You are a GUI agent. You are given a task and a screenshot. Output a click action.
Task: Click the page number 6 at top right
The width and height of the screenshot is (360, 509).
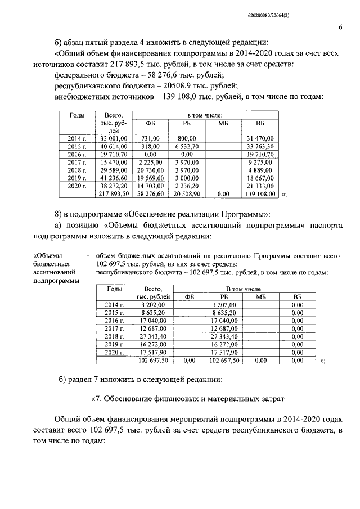[x=340, y=27]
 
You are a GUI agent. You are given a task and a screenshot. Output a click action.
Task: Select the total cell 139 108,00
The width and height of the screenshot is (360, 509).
[x=259, y=193]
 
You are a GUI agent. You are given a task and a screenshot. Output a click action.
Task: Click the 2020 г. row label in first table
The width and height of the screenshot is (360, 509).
[x=78, y=185]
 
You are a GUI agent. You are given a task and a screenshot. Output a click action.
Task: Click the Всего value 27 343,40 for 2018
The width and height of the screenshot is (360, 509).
[x=150, y=336]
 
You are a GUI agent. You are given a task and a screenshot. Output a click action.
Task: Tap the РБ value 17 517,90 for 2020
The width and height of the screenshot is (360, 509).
[x=224, y=352]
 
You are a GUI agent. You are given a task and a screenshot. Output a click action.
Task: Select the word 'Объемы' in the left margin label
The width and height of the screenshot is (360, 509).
[x=48, y=256]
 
